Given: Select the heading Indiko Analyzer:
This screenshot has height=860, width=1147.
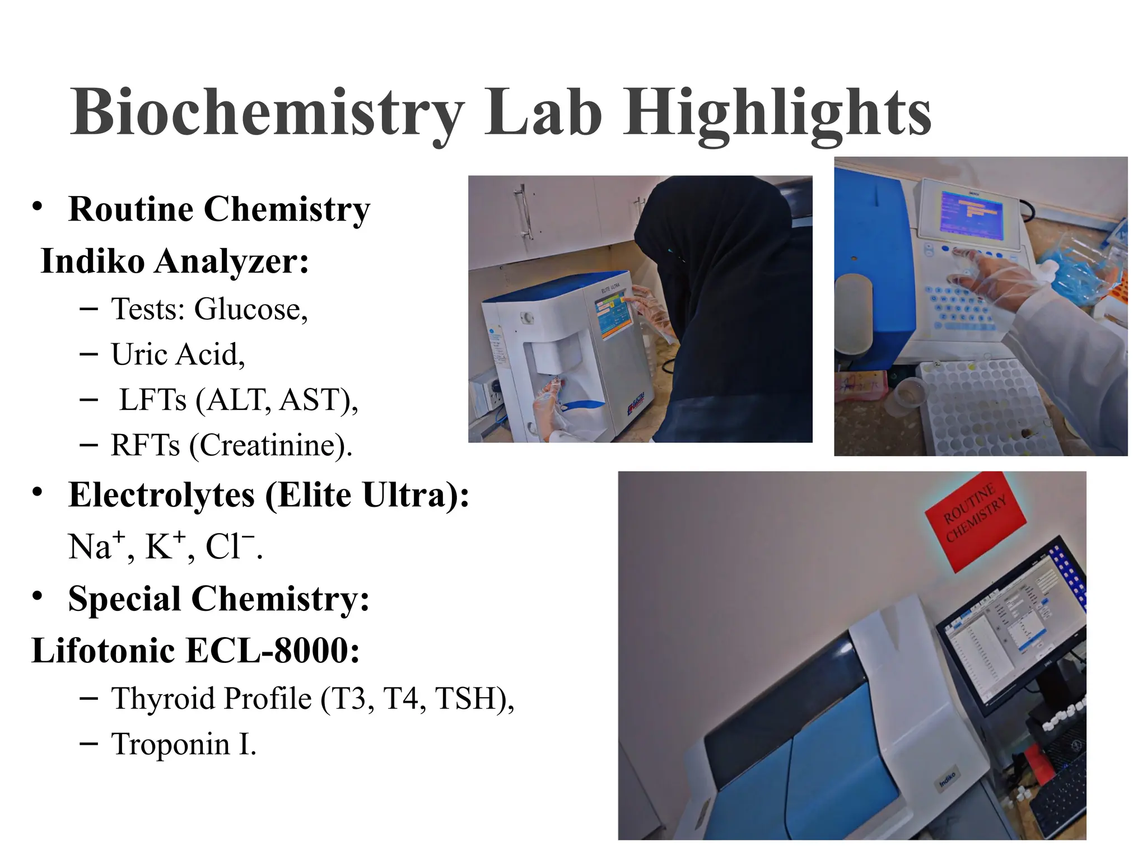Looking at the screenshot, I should [175, 261].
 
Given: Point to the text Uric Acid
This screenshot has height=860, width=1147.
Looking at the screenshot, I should [177, 354].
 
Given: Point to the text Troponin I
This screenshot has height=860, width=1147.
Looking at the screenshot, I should [184, 744].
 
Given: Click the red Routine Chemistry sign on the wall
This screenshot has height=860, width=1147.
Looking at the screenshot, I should [975, 514].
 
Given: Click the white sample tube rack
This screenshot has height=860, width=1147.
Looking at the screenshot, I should [986, 409].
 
